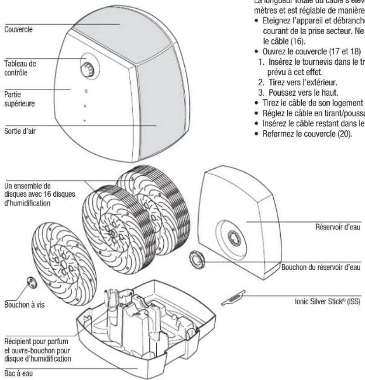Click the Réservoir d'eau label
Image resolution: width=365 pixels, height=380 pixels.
[x=337, y=227]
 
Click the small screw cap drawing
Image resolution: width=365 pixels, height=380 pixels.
[x=33, y=282]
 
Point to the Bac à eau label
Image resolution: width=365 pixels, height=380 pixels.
[x=15, y=374]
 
